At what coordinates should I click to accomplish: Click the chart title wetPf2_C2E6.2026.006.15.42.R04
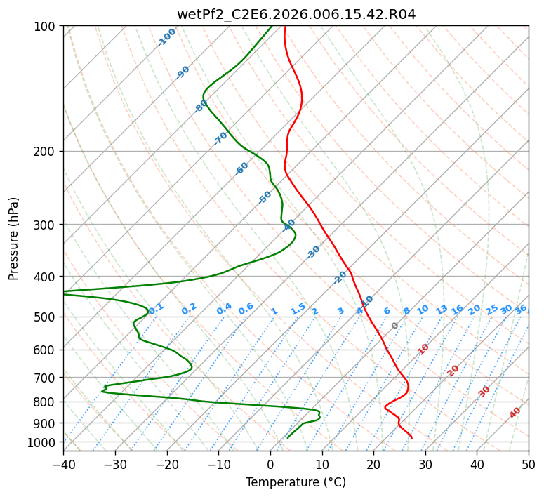coord(296,14)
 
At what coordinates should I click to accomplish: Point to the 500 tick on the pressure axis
coord(46,317)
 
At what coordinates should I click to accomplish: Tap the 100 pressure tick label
coord(46,26)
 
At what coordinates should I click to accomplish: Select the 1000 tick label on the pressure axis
coord(43,442)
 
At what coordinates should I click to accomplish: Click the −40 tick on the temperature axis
coord(63,464)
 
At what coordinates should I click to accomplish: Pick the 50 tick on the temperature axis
coord(529,464)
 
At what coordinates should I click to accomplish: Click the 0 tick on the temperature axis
coord(270,464)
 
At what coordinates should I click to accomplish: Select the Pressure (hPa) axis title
coord(13,239)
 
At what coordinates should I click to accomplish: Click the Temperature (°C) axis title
coord(296,482)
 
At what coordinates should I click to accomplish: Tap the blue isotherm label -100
coord(167,37)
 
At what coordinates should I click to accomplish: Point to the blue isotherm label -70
coord(220,138)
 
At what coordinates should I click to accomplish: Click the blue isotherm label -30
coord(313,252)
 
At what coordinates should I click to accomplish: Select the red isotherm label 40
coord(515,413)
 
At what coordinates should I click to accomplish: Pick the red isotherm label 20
coord(453,371)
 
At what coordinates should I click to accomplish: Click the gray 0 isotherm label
coord(394,326)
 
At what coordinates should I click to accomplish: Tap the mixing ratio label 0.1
coord(156,308)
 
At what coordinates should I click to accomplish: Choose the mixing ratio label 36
coord(521,310)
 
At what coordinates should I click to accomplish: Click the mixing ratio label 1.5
coord(298,309)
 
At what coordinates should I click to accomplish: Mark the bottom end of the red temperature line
coord(412,438)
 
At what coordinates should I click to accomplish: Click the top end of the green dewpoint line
coord(272,26)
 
